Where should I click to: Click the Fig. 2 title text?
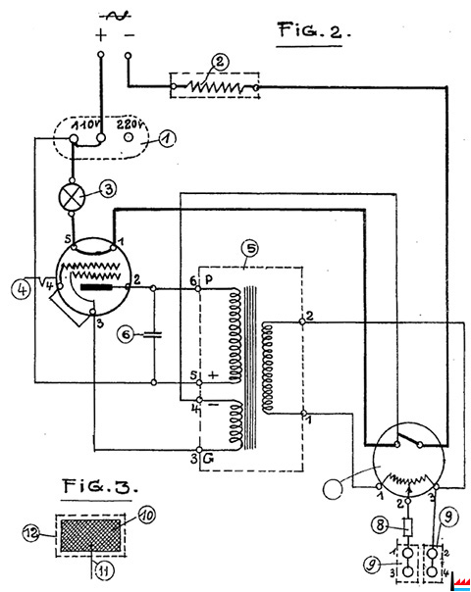[x=314, y=30]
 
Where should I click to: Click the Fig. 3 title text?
[x=100, y=486]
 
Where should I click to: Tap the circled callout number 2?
[x=220, y=62]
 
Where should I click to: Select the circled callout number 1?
[x=167, y=139]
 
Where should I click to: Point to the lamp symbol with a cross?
[x=72, y=197]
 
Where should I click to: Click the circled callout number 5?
[x=250, y=248]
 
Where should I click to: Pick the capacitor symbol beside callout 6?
[x=153, y=334]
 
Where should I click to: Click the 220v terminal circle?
[x=129, y=137]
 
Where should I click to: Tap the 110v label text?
[x=84, y=124]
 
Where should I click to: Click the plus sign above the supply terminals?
[x=100, y=35]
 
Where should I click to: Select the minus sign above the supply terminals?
[x=130, y=35]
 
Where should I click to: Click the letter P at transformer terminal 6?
[x=208, y=279]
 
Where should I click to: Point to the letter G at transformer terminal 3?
[x=208, y=459]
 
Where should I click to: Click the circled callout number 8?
[x=380, y=525]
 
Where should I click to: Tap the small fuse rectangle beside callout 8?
[x=408, y=527]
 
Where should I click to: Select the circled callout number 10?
[x=147, y=515]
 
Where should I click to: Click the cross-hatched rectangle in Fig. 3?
[x=90, y=535]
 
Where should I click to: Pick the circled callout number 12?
[x=31, y=533]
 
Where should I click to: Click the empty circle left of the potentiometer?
[x=333, y=488]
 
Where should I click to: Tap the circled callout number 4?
[x=21, y=290]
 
